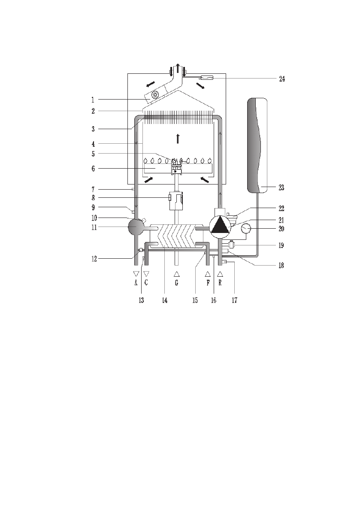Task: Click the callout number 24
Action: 282,79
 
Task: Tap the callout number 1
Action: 93,100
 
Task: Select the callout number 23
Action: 281,188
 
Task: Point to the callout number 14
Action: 165,300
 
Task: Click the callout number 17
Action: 235,300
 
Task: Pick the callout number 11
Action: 94,227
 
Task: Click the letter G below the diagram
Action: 177,283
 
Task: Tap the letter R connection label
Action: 220,283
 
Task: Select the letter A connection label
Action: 136,283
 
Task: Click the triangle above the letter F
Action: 208,274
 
